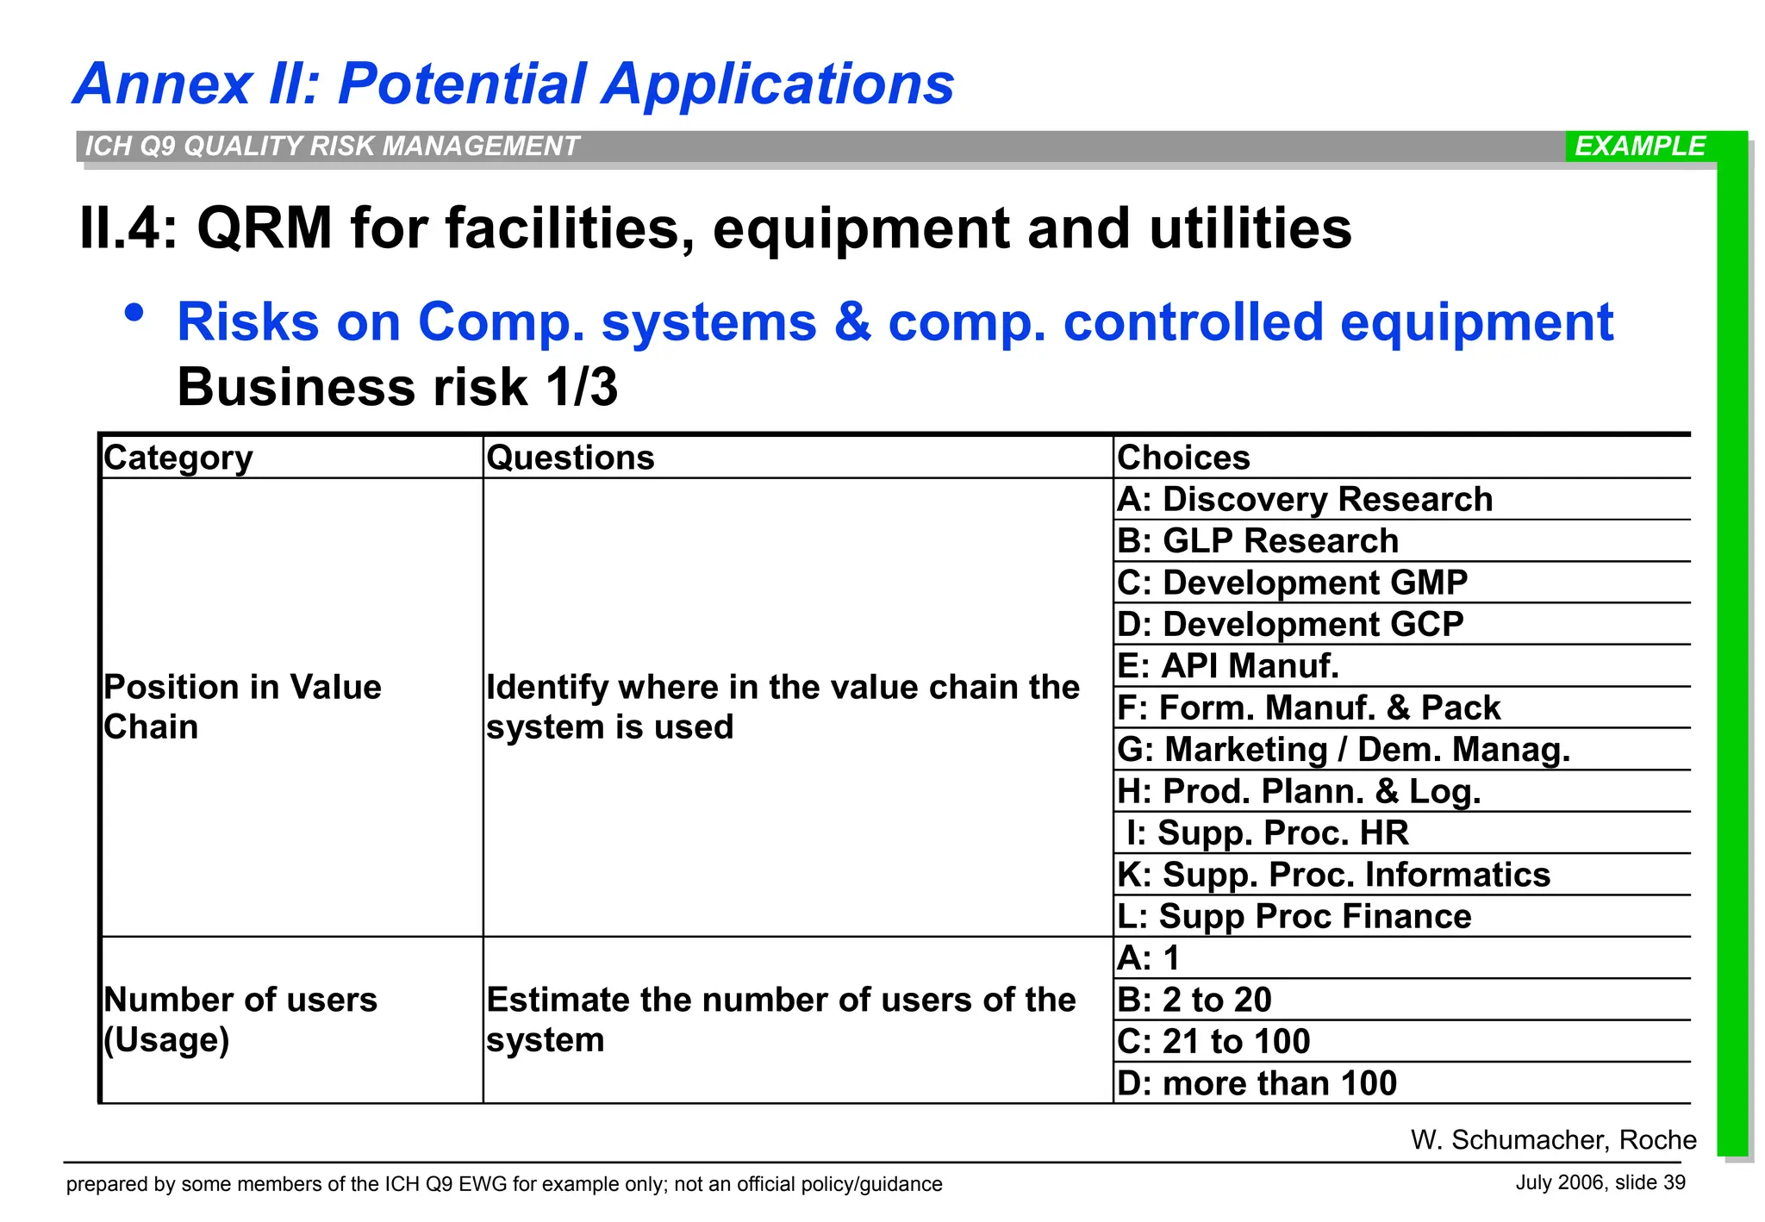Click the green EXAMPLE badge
pyautogui.click(x=1639, y=147)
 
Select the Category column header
pyautogui.click(x=178, y=458)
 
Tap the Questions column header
pyautogui.click(x=571, y=458)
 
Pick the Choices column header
pyautogui.click(x=1183, y=458)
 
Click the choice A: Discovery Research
pyautogui.click(x=1305, y=500)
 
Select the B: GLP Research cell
pyautogui.click(x=1258, y=541)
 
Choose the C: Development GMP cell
pyautogui.click(x=1292, y=583)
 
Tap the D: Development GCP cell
pyautogui.click(x=1290, y=625)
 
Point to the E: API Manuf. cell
pyautogui.click(x=1228, y=666)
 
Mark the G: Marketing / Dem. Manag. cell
pyautogui.click(x=1344, y=750)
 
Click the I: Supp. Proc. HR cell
pyautogui.click(x=1267, y=833)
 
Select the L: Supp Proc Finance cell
pyautogui.click(x=1294, y=917)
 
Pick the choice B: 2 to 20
pyautogui.click(x=1194, y=1000)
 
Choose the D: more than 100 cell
pyautogui.click(x=1257, y=1083)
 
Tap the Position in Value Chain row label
pyautogui.click(x=242, y=707)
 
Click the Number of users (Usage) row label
pyautogui.click(x=240, y=1019)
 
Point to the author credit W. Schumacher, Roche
pyautogui.click(x=1553, y=1140)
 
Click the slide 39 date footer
pyautogui.click(x=1600, y=1182)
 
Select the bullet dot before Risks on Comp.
pyautogui.click(x=134, y=312)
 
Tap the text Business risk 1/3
pyautogui.click(x=397, y=387)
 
